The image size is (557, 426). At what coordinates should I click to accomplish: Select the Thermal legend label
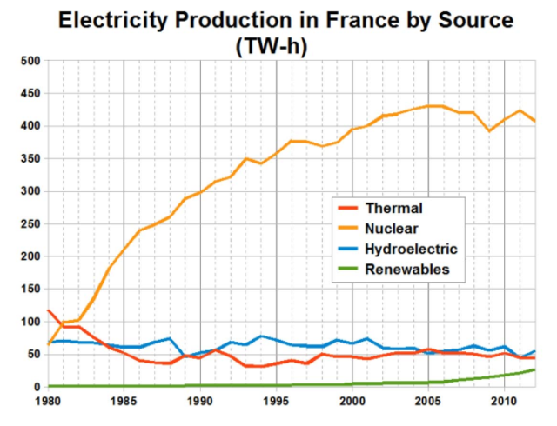(393, 208)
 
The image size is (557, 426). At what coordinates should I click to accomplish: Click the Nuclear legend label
(392, 229)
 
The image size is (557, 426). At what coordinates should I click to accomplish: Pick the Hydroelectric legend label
(411, 249)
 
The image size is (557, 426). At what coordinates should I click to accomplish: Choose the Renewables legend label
(406, 270)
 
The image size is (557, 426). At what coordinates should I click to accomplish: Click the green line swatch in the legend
(347, 270)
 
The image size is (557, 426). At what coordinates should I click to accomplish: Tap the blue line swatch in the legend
(347, 249)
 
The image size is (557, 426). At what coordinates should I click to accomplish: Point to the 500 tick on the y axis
(30, 61)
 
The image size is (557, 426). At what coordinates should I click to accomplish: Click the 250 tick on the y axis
(30, 223)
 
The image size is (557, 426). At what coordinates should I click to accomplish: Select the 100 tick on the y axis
(30, 322)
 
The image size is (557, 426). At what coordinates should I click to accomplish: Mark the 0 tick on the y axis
(37, 387)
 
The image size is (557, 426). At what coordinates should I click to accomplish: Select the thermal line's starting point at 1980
(49, 310)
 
